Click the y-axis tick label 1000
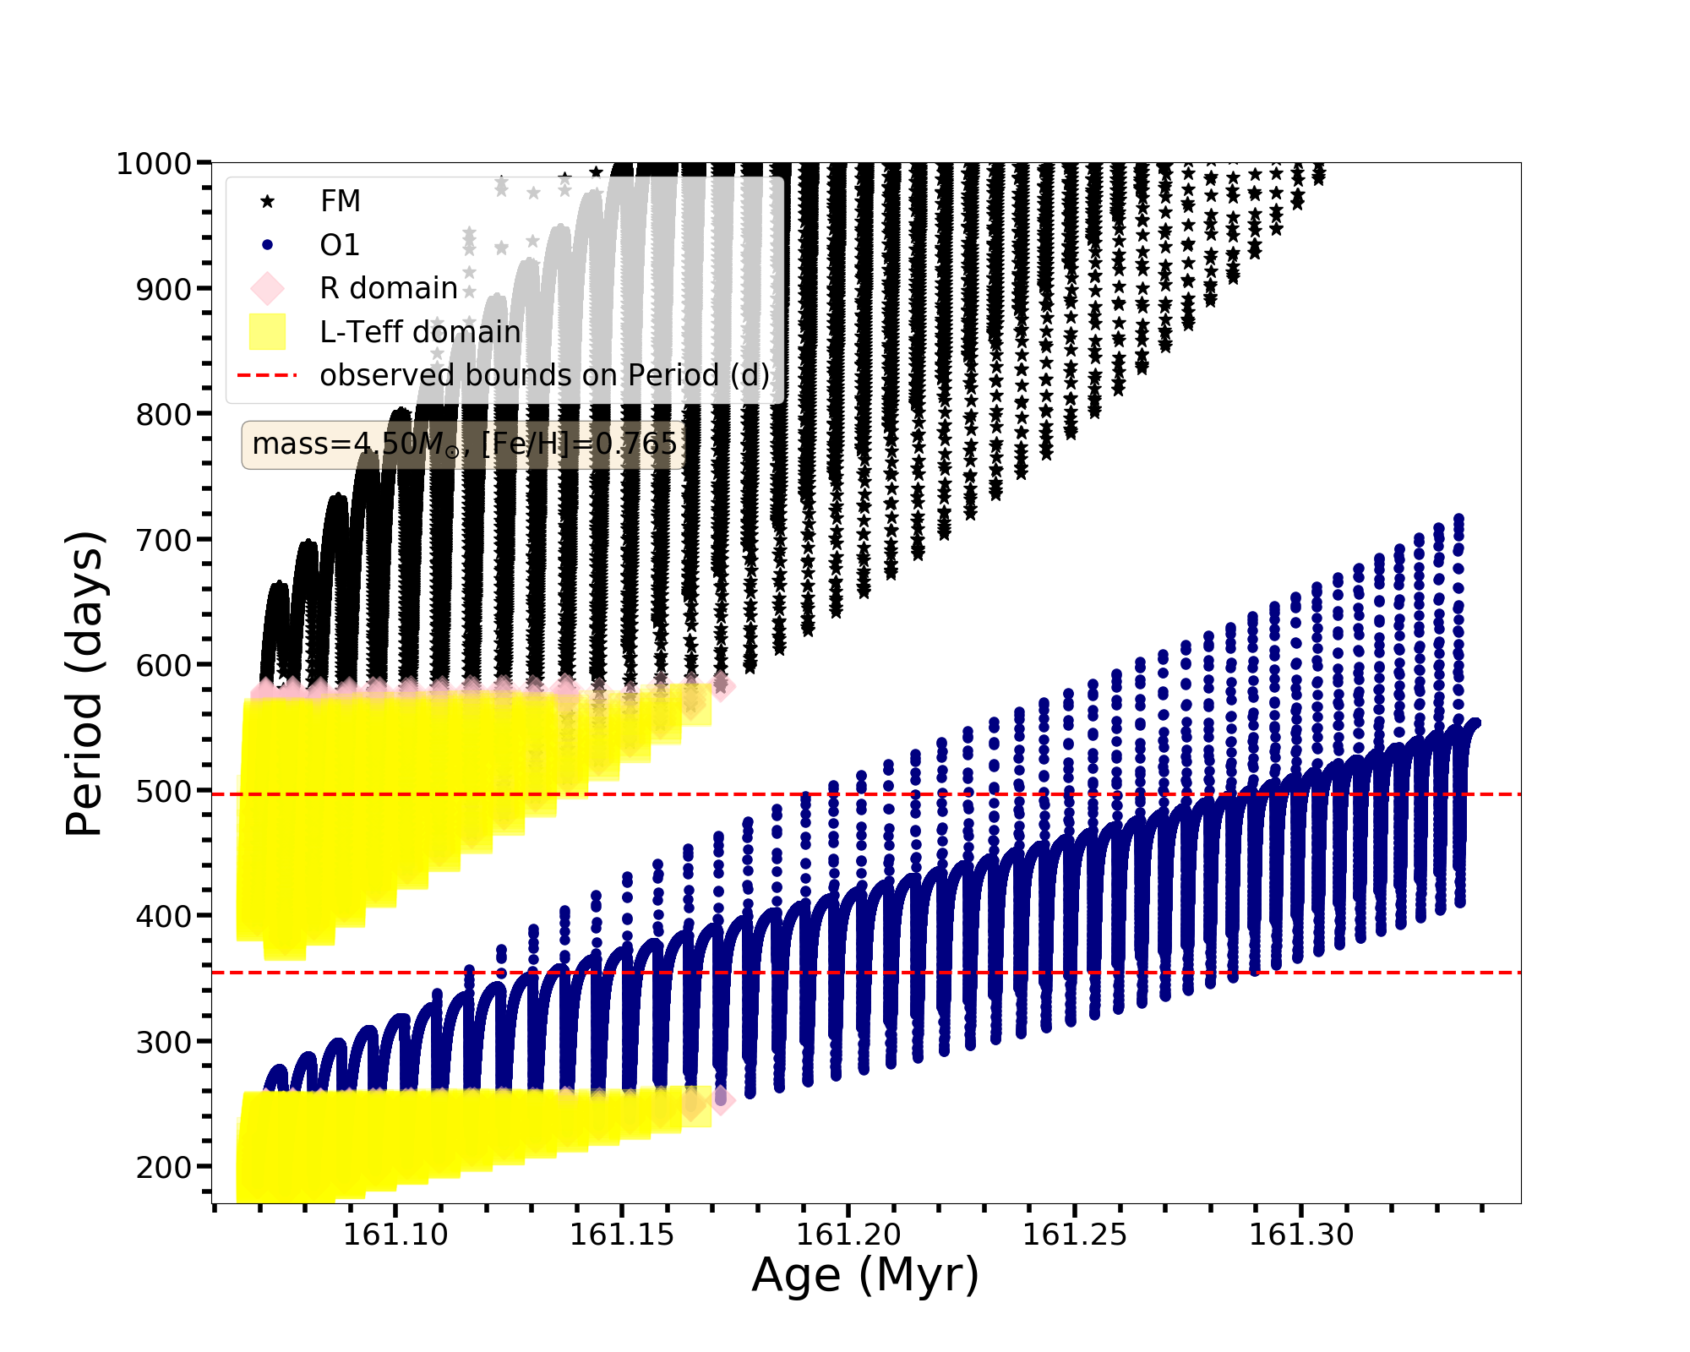click(x=153, y=164)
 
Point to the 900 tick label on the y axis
click(x=163, y=289)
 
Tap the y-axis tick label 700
click(x=163, y=540)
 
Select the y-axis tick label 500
click(x=163, y=791)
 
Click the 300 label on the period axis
click(x=163, y=1042)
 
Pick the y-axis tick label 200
click(x=163, y=1167)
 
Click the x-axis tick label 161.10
click(x=395, y=1235)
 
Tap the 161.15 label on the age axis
click(x=622, y=1235)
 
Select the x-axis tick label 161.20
click(x=848, y=1235)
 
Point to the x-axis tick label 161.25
click(x=1075, y=1235)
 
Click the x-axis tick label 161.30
click(x=1301, y=1235)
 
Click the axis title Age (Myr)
click(x=865, y=1275)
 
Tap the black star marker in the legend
click(x=268, y=201)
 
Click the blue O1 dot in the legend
click(x=268, y=245)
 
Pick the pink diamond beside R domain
click(x=268, y=288)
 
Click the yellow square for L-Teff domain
click(x=268, y=331)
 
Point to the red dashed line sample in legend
click(x=268, y=375)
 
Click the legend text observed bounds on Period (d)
click(x=544, y=375)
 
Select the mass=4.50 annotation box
click(x=464, y=444)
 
